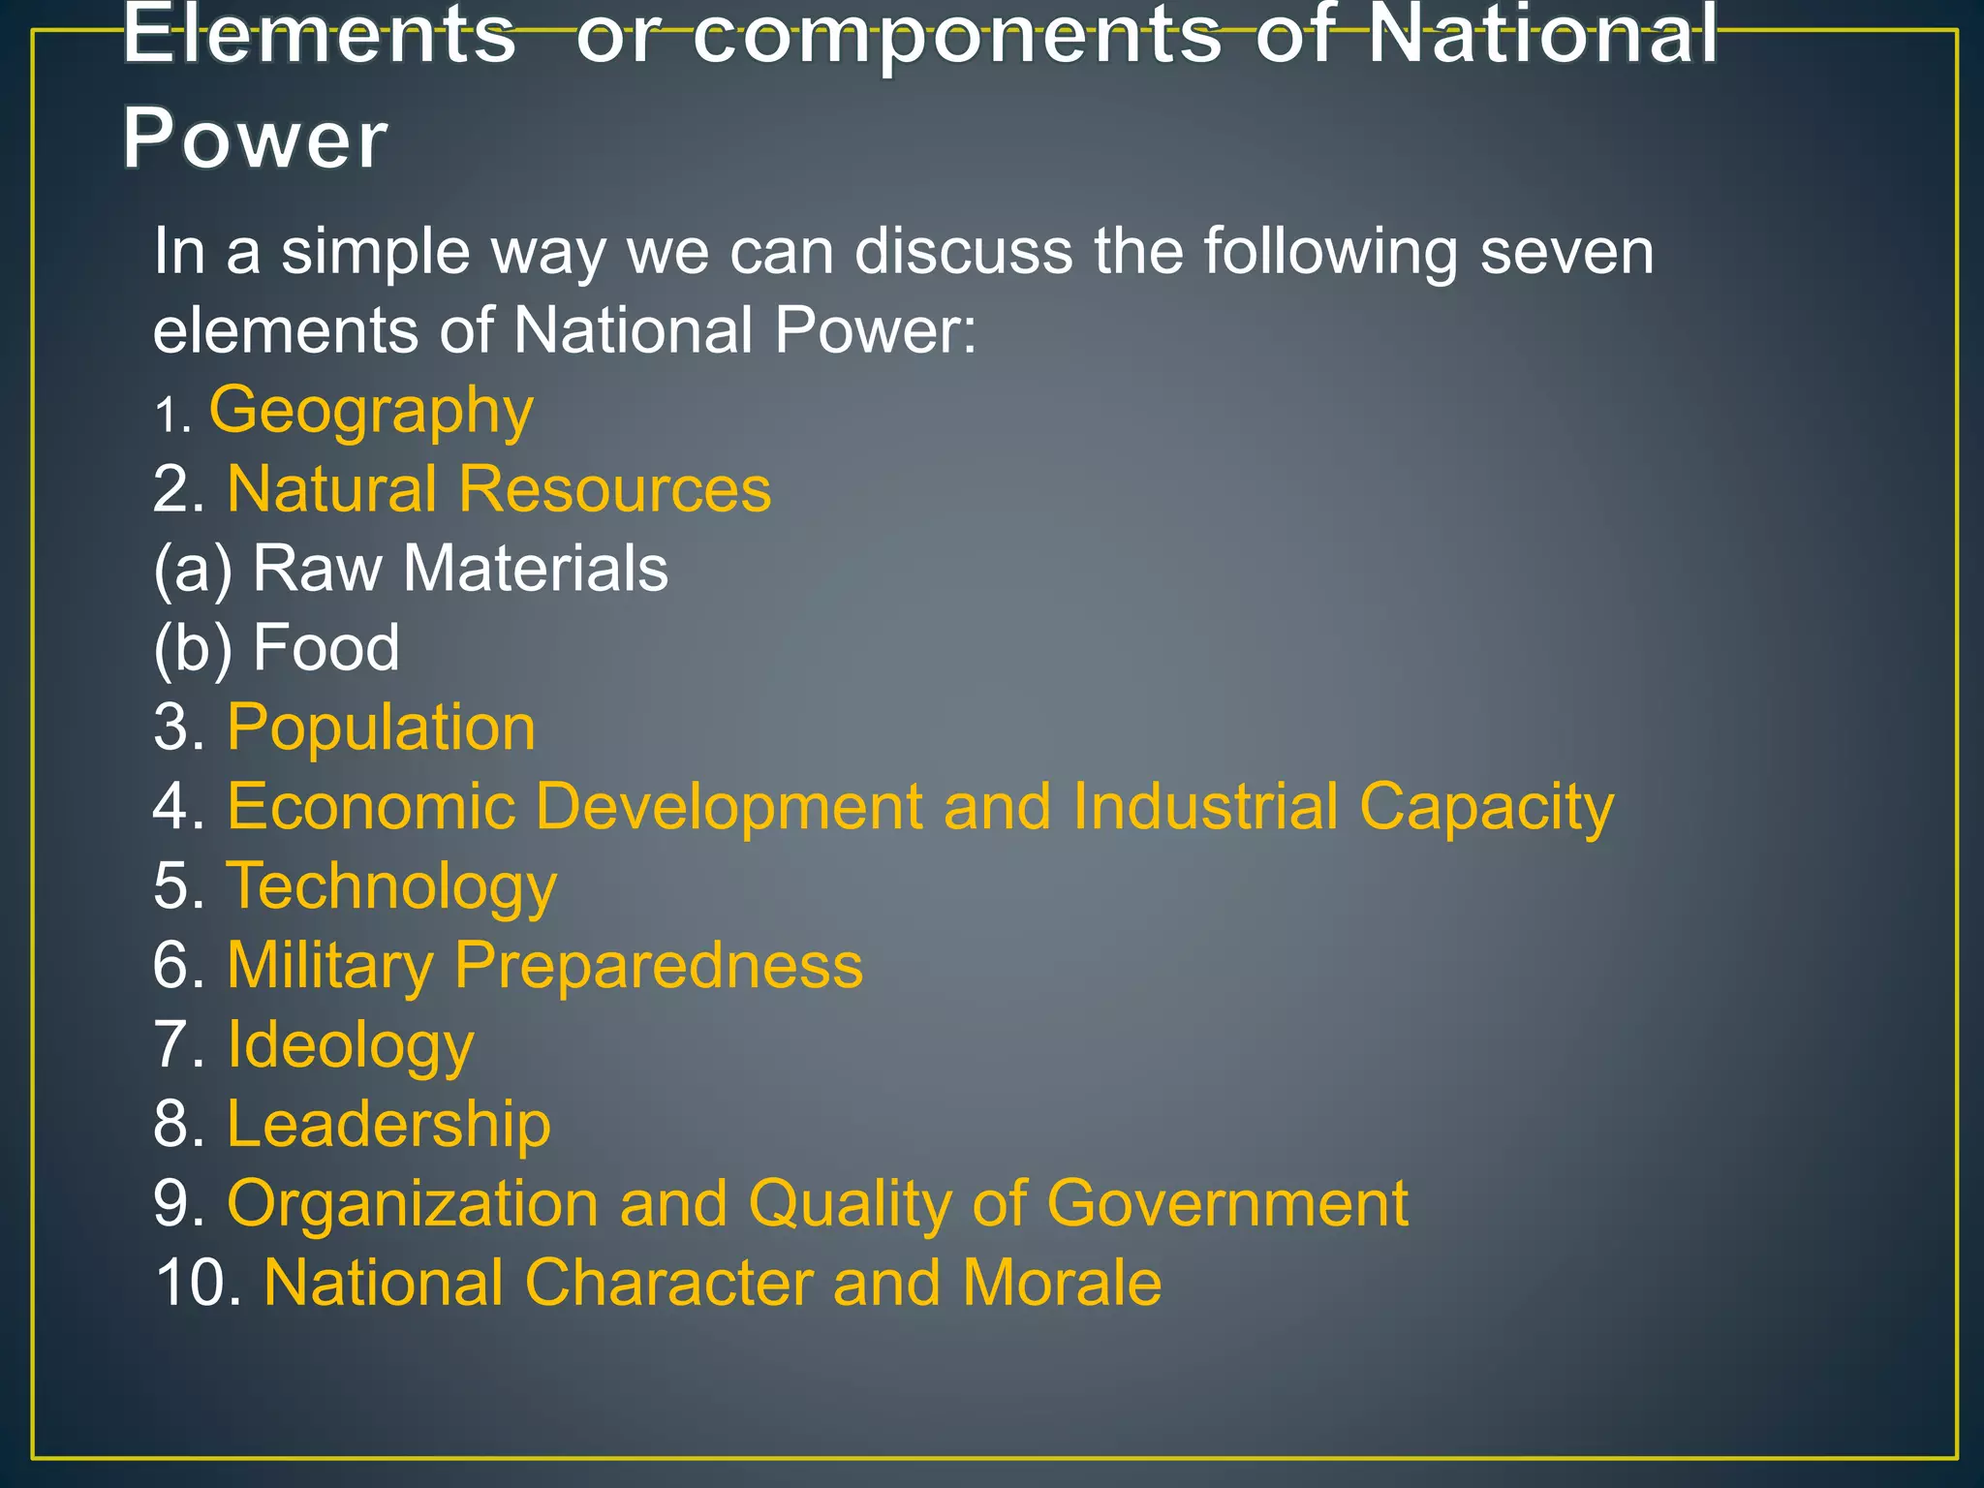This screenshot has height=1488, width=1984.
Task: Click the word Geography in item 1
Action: point(371,411)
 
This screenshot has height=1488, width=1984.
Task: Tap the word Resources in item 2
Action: point(614,488)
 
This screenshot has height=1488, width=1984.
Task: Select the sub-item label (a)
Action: point(193,569)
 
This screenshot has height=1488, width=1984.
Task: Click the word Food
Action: point(325,648)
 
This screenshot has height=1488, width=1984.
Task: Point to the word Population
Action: point(381,728)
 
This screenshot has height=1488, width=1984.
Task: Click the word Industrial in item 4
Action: point(1205,807)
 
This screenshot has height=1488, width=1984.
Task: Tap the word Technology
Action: point(391,886)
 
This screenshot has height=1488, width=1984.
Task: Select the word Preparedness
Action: point(658,966)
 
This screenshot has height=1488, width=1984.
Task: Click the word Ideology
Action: point(350,1045)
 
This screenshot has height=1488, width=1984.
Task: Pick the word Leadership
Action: point(388,1125)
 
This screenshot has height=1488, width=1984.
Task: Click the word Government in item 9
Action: point(1226,1204)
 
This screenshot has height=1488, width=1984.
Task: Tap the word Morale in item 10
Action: point(1062,1284)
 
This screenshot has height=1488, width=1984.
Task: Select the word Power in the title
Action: point(255,139)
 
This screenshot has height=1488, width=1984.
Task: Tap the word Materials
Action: point(535,569)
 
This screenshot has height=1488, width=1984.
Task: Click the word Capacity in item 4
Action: point(1486,807)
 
